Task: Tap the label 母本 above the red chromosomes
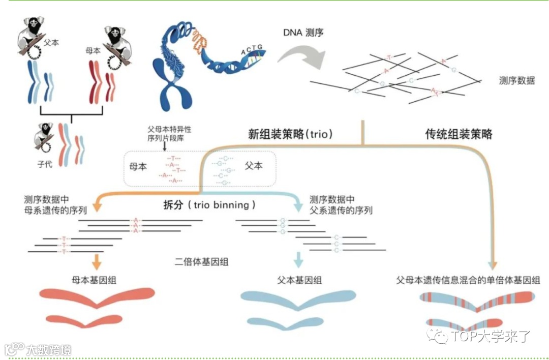pyautogui.click(x=94, y=51)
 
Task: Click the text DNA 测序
pyautogui.click(x=303, y=33)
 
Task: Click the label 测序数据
pyautogui.click(x=516, y=80)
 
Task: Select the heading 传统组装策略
pyautogui.click(x=459, y=134)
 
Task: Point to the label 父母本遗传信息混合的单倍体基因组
pyautogui.click(x=468, y=280)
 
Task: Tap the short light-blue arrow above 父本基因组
pyautogui.click(x=298, y=260)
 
